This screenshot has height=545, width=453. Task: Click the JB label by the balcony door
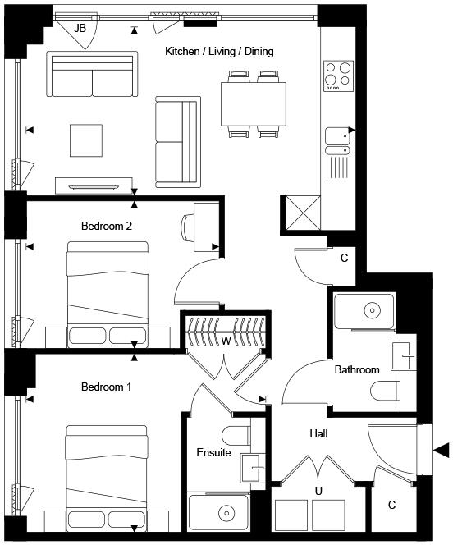click(x=80, y=28)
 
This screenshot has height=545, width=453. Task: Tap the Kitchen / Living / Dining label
click(x=219, y=52)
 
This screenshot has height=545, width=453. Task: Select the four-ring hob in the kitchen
click(x=338, y=76)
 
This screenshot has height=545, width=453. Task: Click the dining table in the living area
click(x=254, y=104)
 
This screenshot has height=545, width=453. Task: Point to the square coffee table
click(x=86, y=140)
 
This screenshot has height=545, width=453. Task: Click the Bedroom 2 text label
click(x=107, y=226)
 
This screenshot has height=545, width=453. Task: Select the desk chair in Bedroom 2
click(x=188, y=227)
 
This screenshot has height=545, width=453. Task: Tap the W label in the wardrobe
click(x=226, y=341)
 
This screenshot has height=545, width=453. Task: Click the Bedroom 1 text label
click(x=107, y=387)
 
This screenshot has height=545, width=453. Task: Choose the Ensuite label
click(x=213, y=452)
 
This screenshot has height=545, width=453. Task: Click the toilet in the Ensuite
click(x=236, y=435)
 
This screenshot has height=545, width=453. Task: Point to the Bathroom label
click(x=357, y=369)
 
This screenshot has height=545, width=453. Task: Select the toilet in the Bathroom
click(x=385, y=392)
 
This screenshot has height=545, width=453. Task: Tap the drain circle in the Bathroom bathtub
click(x=372, y=310)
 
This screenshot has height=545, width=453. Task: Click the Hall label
click(x=318, y=433)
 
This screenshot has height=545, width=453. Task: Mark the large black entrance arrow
click(x=442, y=451)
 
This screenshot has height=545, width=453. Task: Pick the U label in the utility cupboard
click(x=318, y=491)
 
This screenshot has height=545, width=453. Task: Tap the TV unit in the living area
click(x=94, y=185)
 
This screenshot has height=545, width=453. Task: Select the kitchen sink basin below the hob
click(x=337, y=136)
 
